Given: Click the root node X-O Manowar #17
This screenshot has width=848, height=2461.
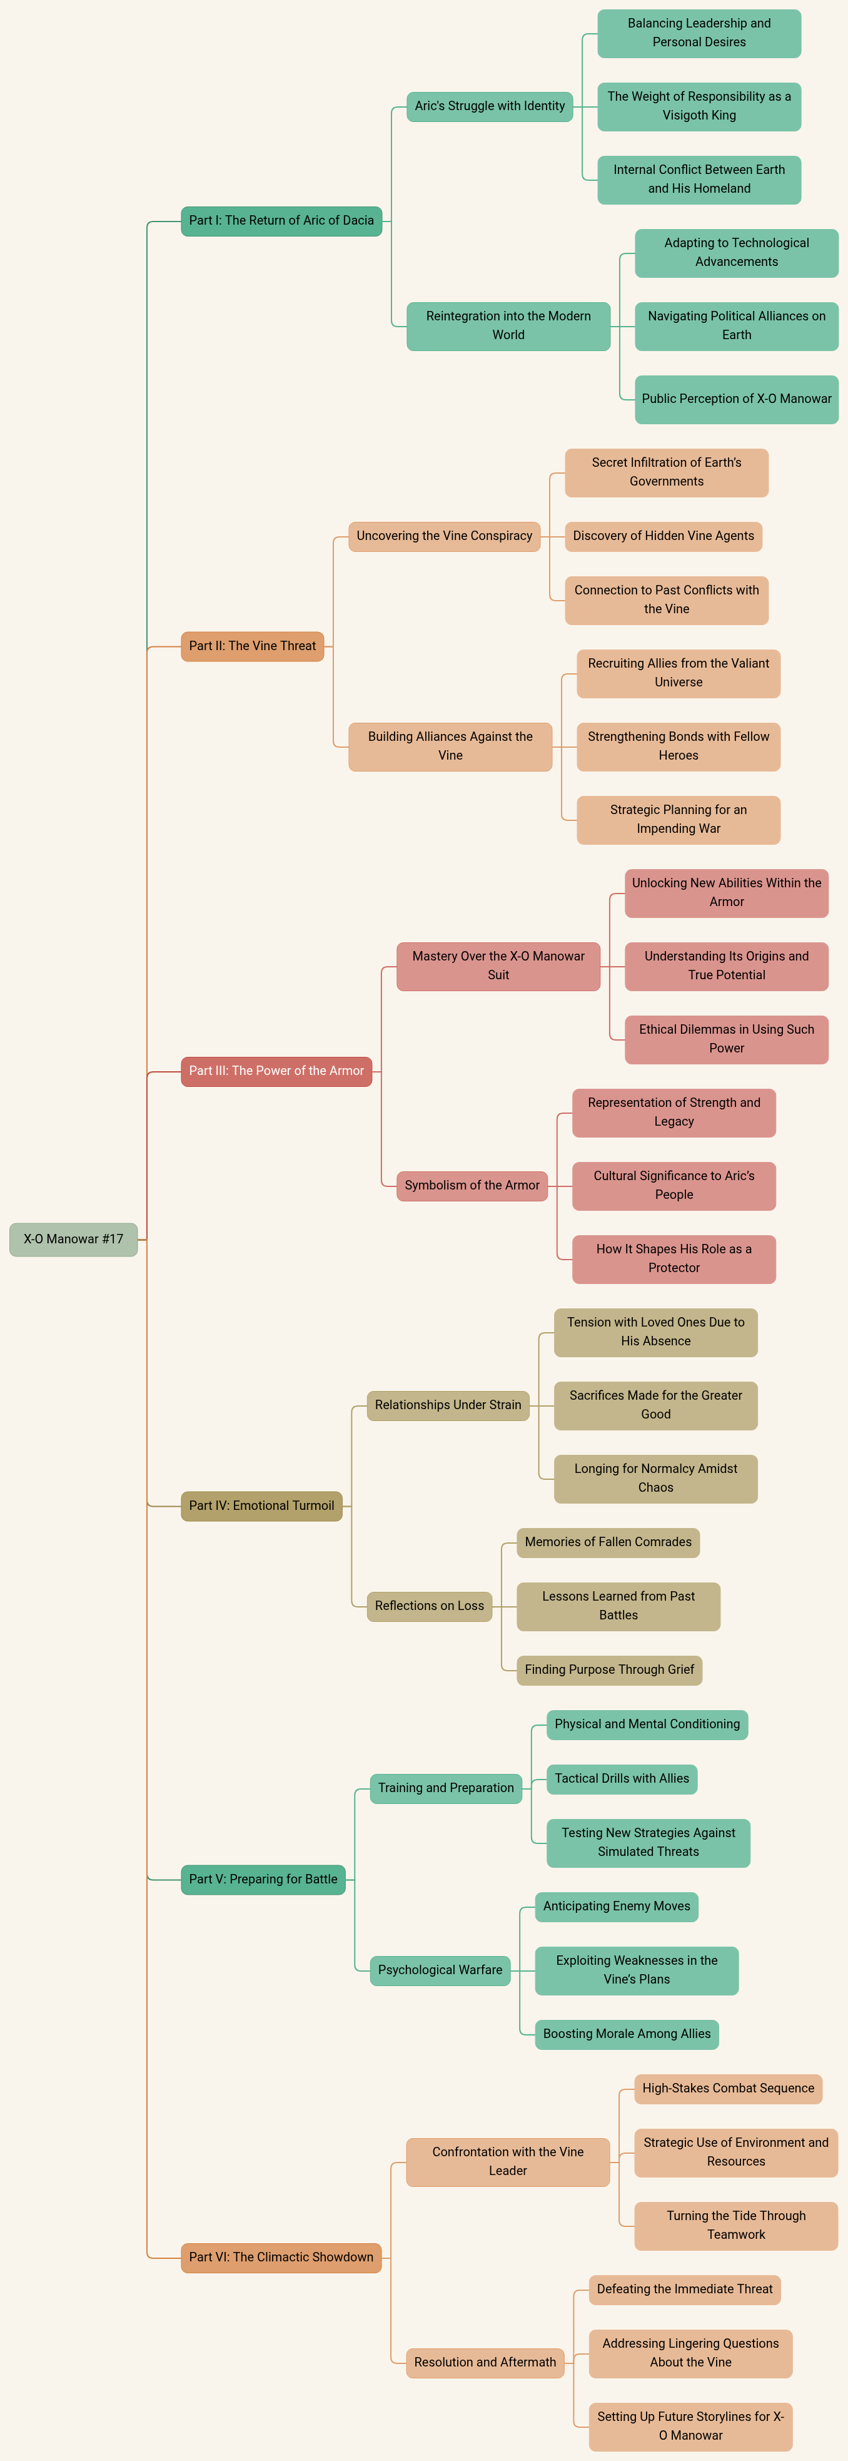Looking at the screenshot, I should coord(74,1239).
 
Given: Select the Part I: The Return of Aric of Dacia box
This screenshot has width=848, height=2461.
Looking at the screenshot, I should coord(281,221).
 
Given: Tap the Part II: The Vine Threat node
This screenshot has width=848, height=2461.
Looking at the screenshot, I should coord(252,646).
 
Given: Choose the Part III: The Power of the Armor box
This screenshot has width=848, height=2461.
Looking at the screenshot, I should coord(276,1071).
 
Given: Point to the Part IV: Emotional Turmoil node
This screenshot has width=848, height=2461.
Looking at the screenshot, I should coord(261,1506).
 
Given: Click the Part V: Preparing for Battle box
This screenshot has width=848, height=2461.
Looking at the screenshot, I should coord(263,1879).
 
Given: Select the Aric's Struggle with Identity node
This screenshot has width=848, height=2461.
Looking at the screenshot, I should coord(489,106).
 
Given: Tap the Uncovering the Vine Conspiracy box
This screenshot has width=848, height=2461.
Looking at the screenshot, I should coord(444,536).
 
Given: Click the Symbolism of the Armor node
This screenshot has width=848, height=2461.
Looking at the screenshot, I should coord(472,1186).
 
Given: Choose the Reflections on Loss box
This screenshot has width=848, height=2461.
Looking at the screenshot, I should coord(429,1606).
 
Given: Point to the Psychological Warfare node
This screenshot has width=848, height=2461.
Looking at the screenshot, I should coord(439,1970).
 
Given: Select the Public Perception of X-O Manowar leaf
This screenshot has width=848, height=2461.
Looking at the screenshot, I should coord(736,399).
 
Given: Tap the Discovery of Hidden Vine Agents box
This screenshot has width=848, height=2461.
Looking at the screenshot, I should coord(663,536).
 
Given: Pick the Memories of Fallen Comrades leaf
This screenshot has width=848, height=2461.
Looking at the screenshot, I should coord(607,1542).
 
